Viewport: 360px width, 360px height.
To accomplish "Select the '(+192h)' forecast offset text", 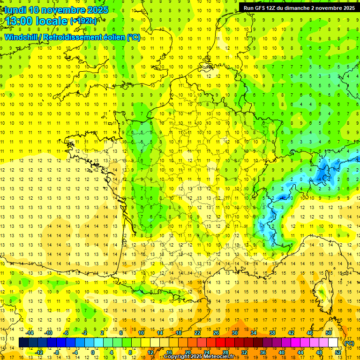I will (83, 21).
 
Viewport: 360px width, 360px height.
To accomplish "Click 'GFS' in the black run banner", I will (261, 8).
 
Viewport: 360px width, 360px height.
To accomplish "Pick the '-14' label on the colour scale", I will (30, 333).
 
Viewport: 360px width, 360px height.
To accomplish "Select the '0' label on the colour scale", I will (92, 352).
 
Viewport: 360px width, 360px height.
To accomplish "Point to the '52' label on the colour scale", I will (337, 352).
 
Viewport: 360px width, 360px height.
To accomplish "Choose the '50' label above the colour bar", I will (328, 333).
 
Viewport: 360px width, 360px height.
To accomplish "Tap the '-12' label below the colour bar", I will (39, 352).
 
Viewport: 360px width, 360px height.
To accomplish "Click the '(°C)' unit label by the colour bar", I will (349, 343).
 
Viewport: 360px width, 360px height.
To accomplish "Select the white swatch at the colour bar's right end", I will (333, 343).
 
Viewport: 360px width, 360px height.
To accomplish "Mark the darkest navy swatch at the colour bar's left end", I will (23, 343).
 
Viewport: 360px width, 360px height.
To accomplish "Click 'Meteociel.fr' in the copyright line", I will (219, 357).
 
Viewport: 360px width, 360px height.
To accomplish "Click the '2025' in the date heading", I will (97, 10).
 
